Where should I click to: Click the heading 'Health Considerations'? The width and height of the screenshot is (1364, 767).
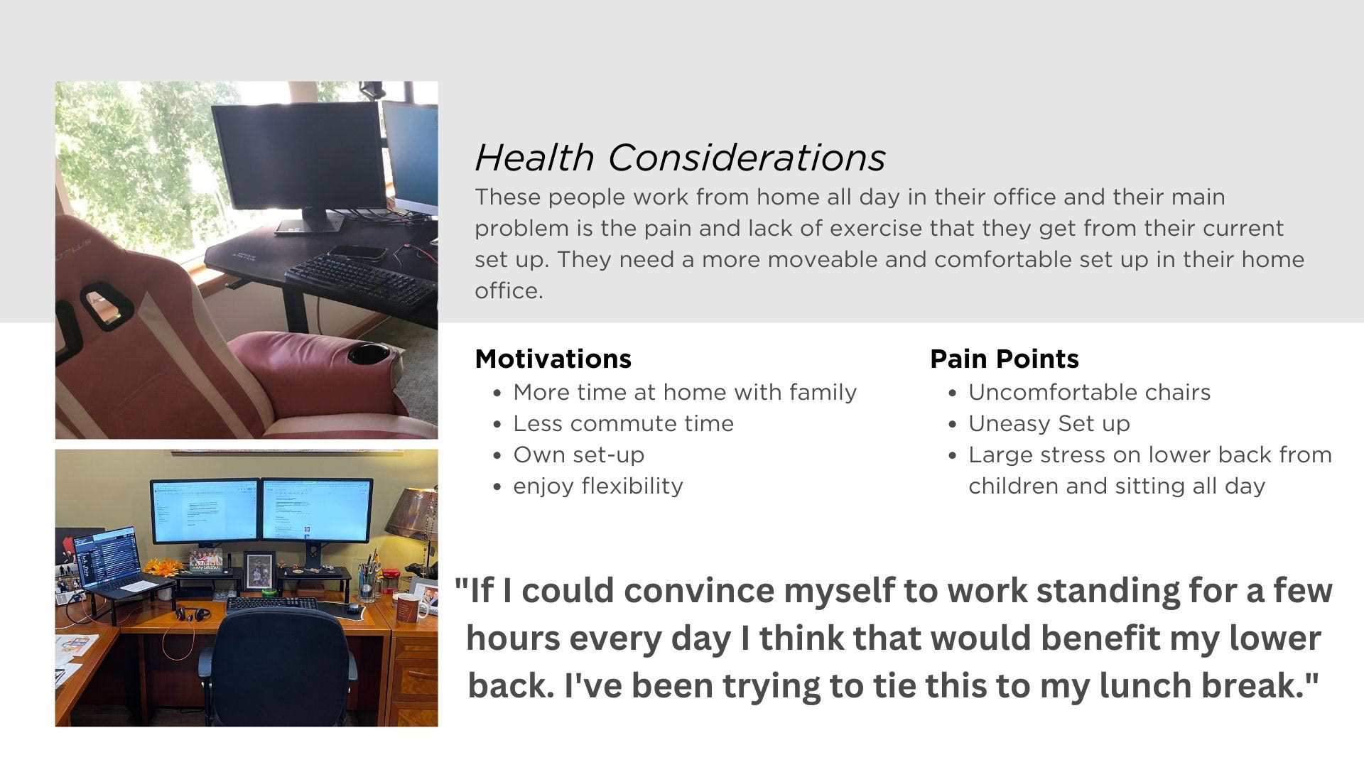[680, 158]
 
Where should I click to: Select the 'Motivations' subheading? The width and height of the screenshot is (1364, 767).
[553, 359]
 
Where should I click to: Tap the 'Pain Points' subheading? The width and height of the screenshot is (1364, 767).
[1004, 359]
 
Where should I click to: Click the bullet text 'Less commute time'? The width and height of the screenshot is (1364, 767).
[623, 424]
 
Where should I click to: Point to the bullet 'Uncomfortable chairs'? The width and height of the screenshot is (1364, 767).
[1089, 393]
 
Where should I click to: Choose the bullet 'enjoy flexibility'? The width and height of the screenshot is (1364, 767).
[598, 486]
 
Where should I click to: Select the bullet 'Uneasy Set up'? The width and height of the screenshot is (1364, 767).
[1049, 424]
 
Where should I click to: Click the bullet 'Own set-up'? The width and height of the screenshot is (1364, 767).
[578, 455]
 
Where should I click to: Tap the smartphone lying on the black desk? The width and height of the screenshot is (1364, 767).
[358, 252]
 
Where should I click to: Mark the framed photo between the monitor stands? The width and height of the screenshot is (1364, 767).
[255, 570]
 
